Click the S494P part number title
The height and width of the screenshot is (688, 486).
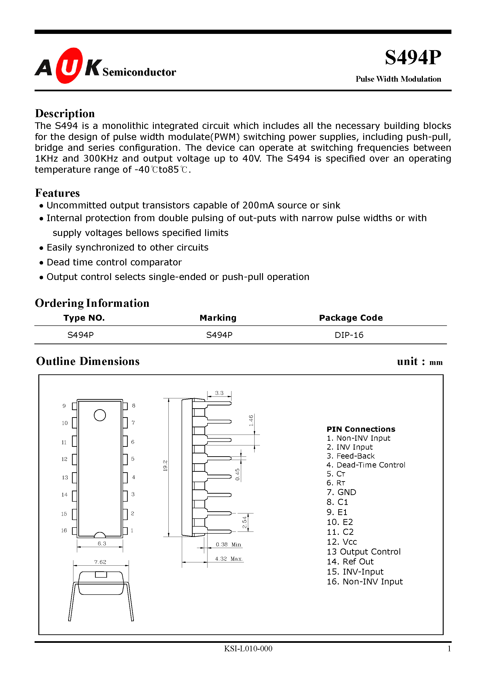(x=413, y=58)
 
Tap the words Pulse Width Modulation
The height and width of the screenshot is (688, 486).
(x=398, y=79)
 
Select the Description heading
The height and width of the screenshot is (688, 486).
(x=65, y=114)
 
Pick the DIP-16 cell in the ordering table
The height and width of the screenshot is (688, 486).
(x=349, y=335)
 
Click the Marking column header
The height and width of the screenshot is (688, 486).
(x=218, y=318)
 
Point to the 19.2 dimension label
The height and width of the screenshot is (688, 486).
(x=165, y=466)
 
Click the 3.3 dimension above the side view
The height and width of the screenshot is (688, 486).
(x=219, y=393)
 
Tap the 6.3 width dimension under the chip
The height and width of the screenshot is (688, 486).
(x=102, y=543)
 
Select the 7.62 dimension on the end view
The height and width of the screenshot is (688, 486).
(x=100, y=562)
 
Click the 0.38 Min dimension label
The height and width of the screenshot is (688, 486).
(x=228, y=544)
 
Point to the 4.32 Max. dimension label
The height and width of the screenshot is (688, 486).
(x=228, y=559)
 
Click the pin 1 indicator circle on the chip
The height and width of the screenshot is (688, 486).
(x=100, y=415)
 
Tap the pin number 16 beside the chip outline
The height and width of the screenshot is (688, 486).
(x=64, y=530)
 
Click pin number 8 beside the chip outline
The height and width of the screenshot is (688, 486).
(x=134, y=405)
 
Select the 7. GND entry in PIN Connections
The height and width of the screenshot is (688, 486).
(x=341, y=492)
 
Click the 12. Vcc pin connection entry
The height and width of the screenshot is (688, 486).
(x=342, y=542)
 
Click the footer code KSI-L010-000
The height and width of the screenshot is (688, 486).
(x=248, y=648)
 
